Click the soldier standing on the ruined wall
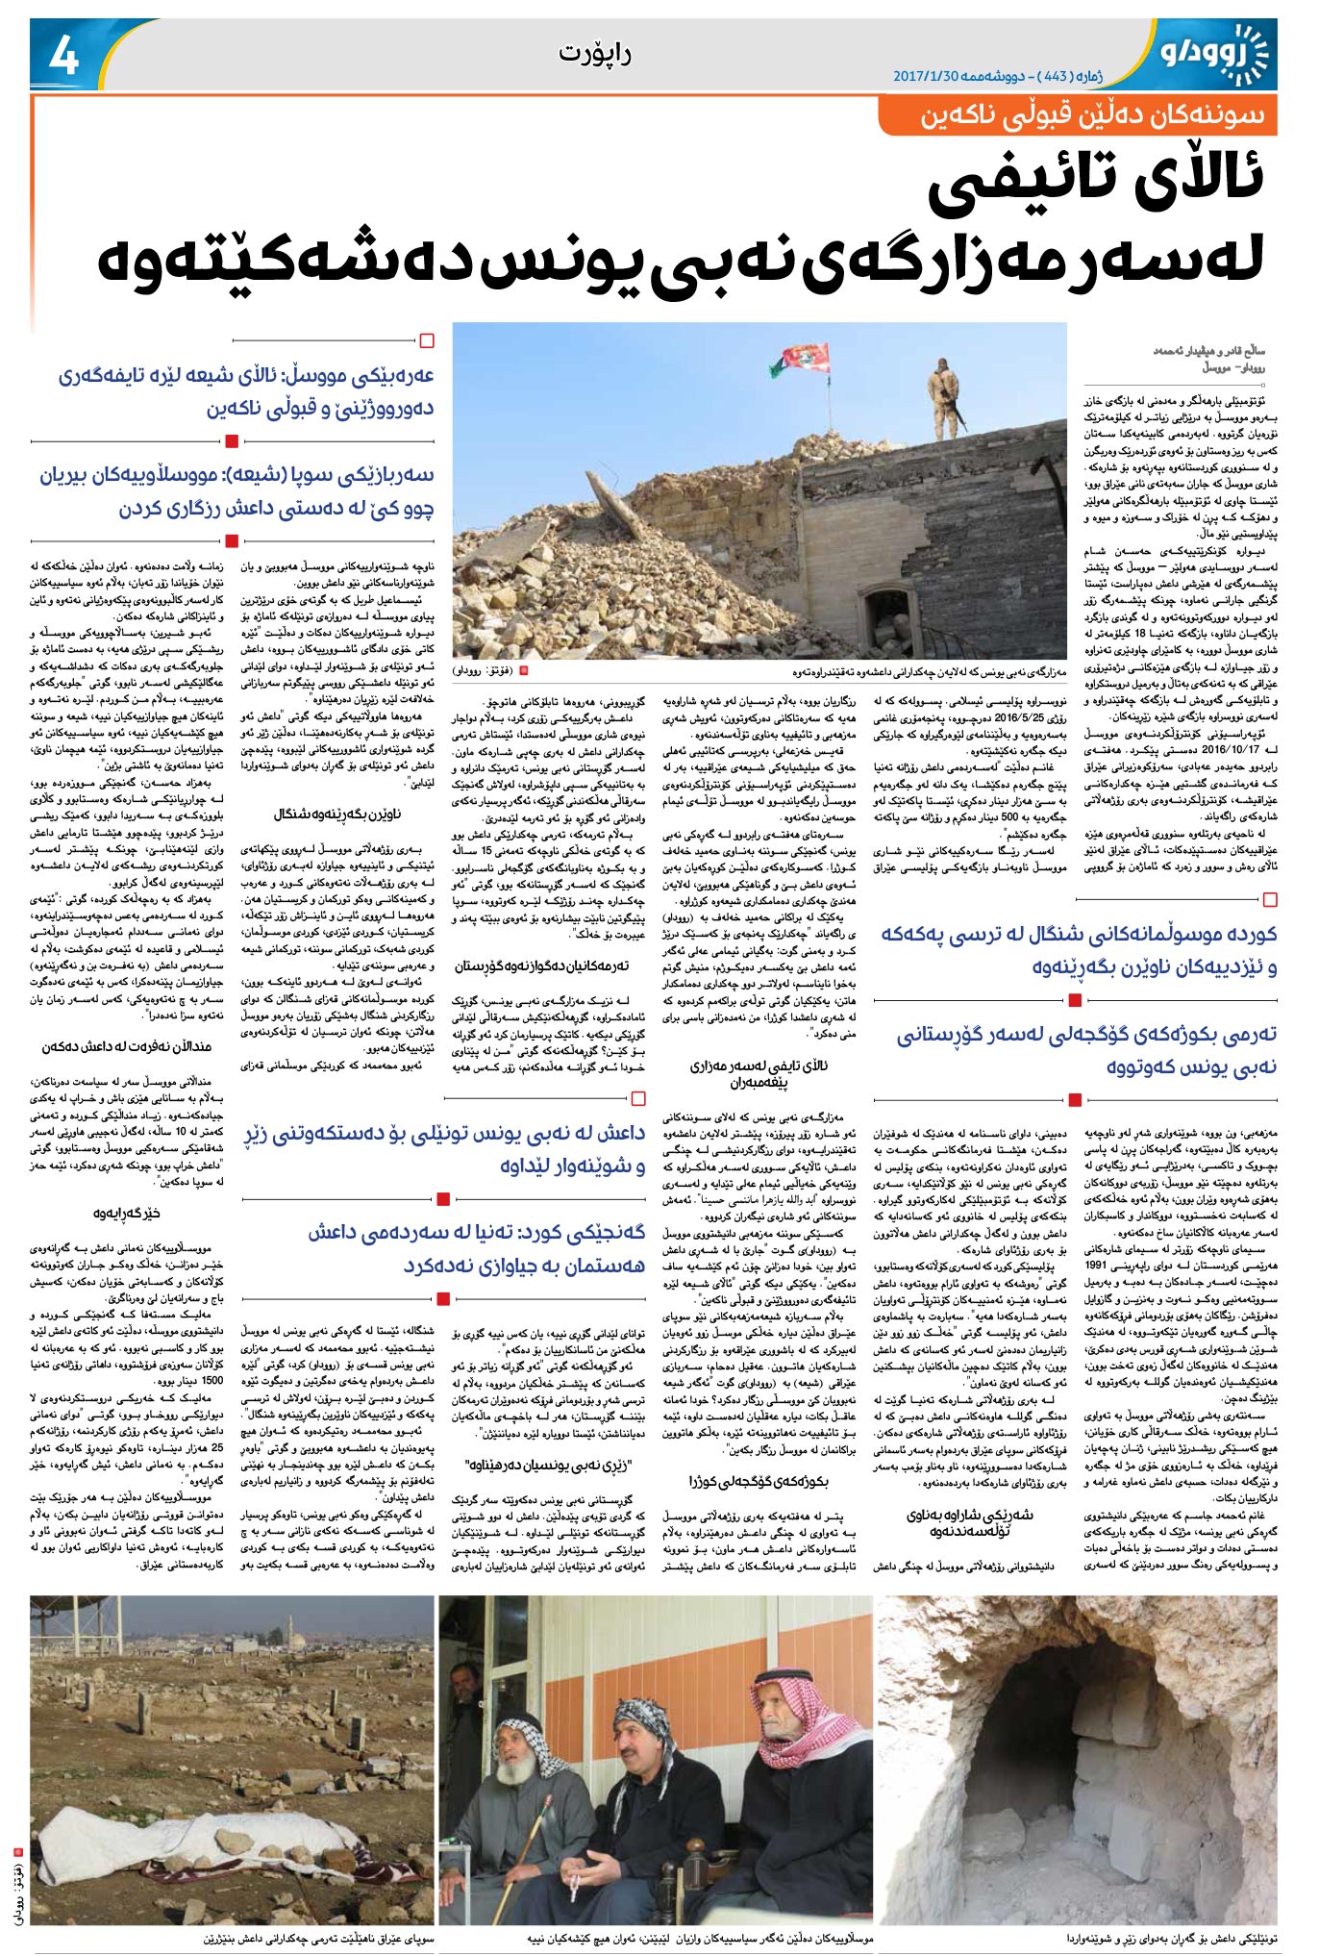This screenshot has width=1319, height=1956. point(943,389)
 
